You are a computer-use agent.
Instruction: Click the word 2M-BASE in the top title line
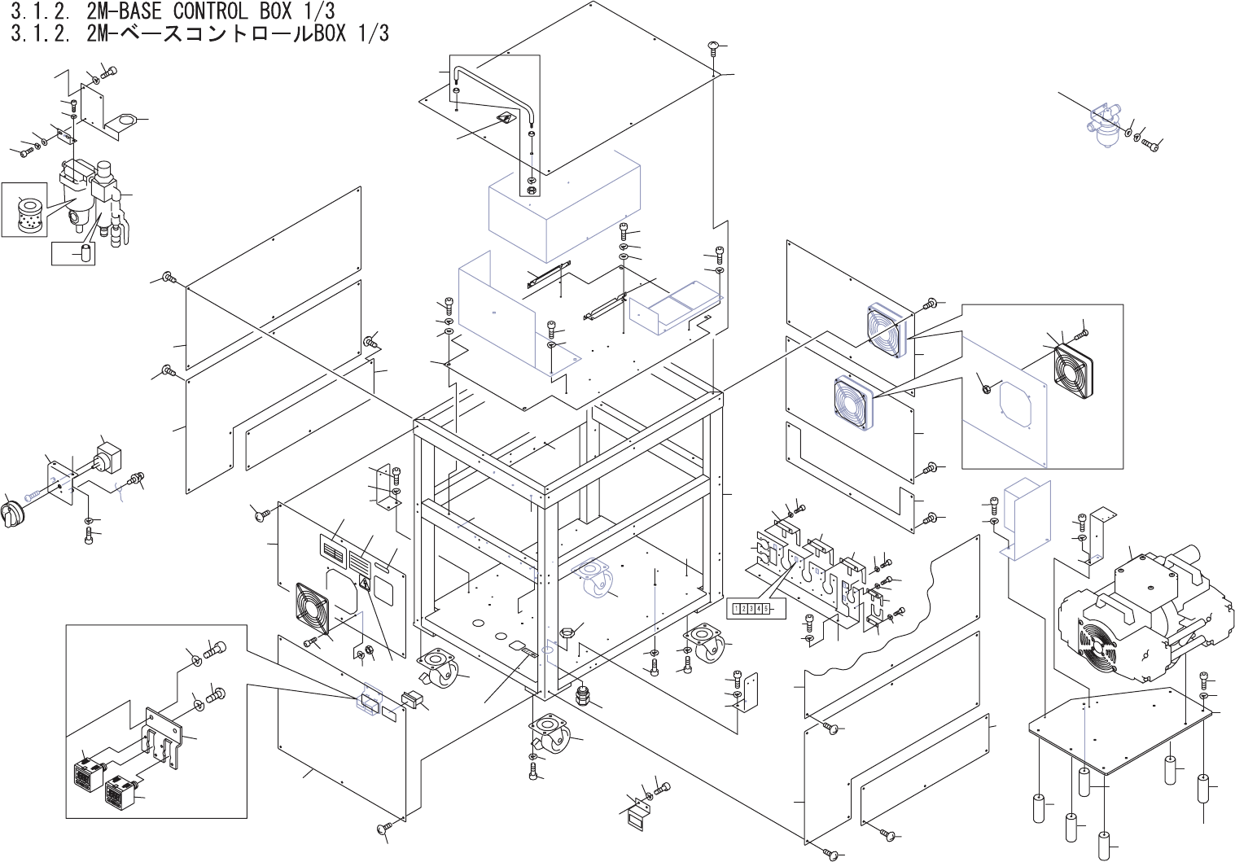tap(122, 11)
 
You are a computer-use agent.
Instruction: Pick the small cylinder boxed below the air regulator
tap(83, 252)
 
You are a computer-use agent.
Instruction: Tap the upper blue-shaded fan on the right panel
tap(887, 330)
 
